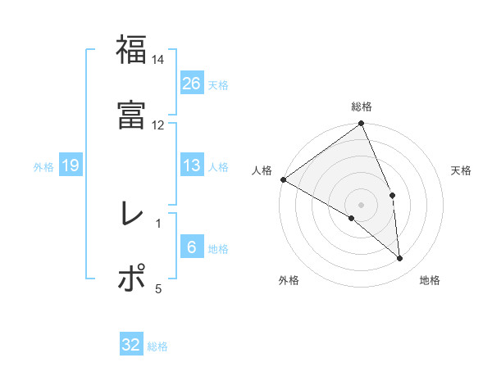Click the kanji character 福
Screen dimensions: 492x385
click(x=131, y=50)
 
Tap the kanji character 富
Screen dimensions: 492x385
click(x=131, y=115)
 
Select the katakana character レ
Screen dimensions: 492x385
click(x=131, y=214)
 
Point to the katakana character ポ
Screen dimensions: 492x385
click(x=131, y=278)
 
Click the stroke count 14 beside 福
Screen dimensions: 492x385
click(x=158, y=60)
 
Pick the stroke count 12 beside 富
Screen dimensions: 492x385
click(x=158, y=125)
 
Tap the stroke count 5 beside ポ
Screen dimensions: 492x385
click(x=158, y=288)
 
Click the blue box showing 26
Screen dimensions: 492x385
click(x=192, y=83)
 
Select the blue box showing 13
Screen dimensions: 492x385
click(x=192, y=165)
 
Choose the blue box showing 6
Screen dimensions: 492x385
click(x=192, y=247)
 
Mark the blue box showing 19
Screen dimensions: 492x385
click(x=70, y=165)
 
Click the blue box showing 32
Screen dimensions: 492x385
click(x=131, y=345)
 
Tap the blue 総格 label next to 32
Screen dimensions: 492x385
click(x=157, y=346)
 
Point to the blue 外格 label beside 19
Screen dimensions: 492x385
click(x=43, y=167)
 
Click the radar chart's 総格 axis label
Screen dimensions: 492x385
click(x=362, y=106)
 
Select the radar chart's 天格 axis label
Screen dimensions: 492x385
click(x=462, y=170)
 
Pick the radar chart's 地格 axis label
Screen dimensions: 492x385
click(x=430, y=280)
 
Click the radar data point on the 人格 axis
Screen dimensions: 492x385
click(x=283, y=179)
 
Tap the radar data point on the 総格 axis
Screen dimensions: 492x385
click(x=362, y=125)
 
